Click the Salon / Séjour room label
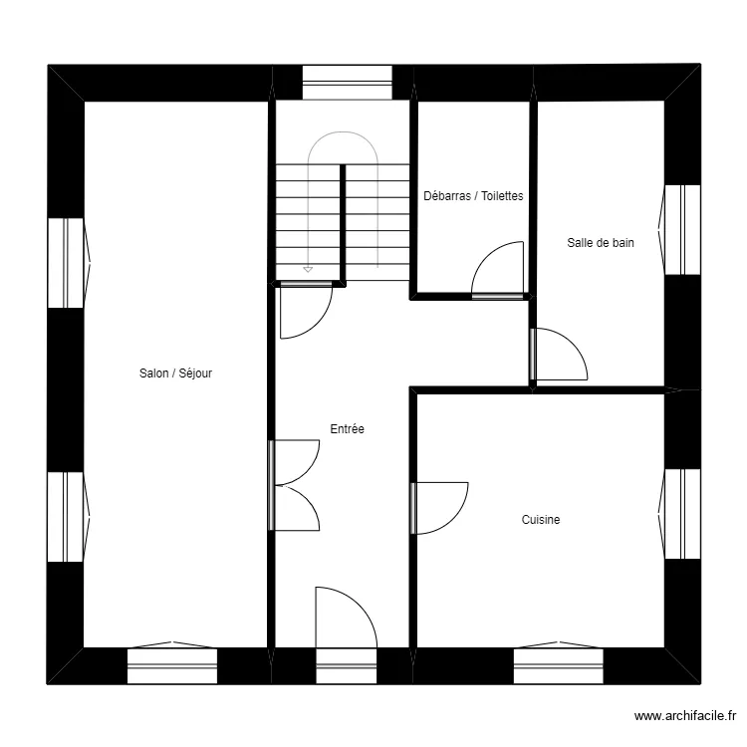[175, 373]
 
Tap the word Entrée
[347, 428]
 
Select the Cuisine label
[541, 519]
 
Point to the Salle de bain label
[601, 242]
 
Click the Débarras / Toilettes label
[473, 196]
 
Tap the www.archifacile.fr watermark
[685, 715]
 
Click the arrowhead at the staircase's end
[308, 270]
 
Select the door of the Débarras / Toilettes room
[497, 270]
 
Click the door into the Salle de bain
[559, 354]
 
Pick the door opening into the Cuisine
[439, 508]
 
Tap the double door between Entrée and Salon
[295, 485]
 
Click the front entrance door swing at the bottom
[347, 617]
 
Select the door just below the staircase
[307, 310]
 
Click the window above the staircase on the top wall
[348, 83]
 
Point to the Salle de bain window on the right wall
[679, 230]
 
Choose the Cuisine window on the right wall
[679, 514]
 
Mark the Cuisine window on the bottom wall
[559, 663]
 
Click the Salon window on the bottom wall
[172, 663]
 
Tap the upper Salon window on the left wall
[69, 263]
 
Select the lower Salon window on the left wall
[69, 517]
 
